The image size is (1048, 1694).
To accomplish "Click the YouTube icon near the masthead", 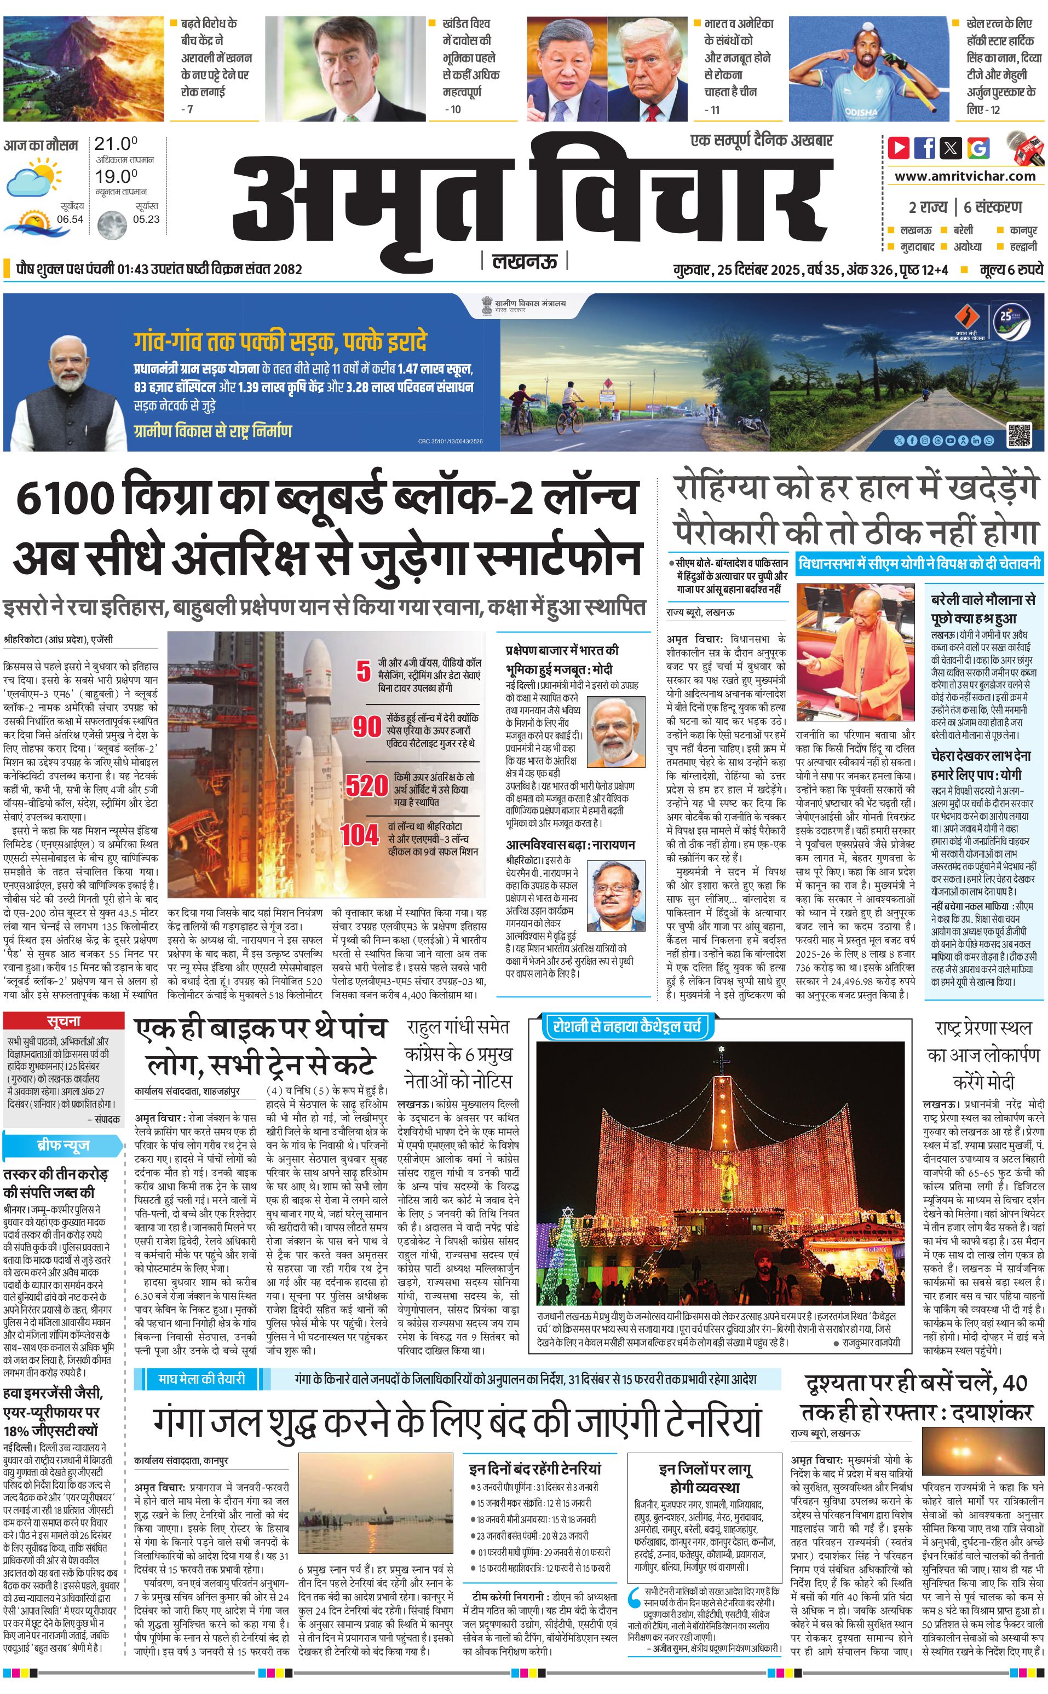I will (899, 148).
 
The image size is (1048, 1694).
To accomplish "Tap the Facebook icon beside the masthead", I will (925, 148).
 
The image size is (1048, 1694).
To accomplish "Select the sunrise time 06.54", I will (70, 219).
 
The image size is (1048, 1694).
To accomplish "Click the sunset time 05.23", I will (146, 219).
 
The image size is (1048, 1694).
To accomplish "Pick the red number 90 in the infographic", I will (367, 726).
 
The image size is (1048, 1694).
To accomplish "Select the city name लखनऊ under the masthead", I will (525, 261).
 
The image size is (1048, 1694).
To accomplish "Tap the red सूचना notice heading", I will (64, 1021).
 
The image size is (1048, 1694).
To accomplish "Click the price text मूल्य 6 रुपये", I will (1011, 269).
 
